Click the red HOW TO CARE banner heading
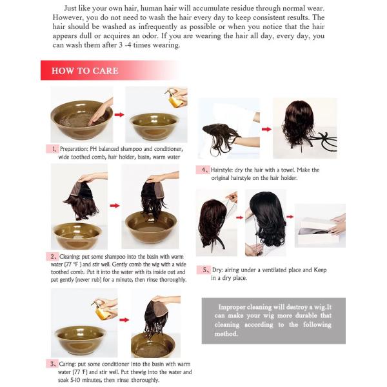tap(84, 70)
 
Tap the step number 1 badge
tap(52, 148)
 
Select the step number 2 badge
tap(52, 255)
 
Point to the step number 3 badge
tap(52, 364)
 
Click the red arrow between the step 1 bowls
tap(119, 115)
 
